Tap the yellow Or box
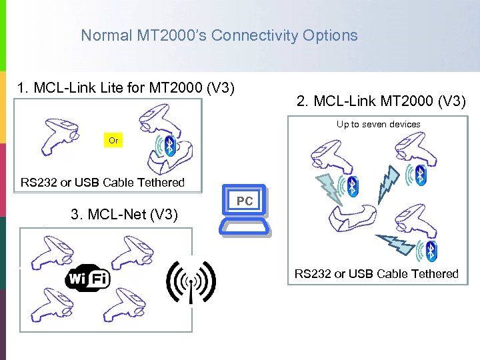[x=113, y=141]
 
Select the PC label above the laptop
[x=245, y=201]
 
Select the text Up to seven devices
[x=378, y=124]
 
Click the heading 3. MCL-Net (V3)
[x=124, y=214]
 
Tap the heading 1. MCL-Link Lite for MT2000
[x=126, y=87]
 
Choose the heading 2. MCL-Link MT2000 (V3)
[x=381, y=101]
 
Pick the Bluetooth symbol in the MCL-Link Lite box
[x=170, y=145]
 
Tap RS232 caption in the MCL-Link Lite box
[x=103, y=182]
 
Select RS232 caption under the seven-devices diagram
[x=377, y=273]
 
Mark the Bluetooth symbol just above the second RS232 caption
[x=431, y=251]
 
